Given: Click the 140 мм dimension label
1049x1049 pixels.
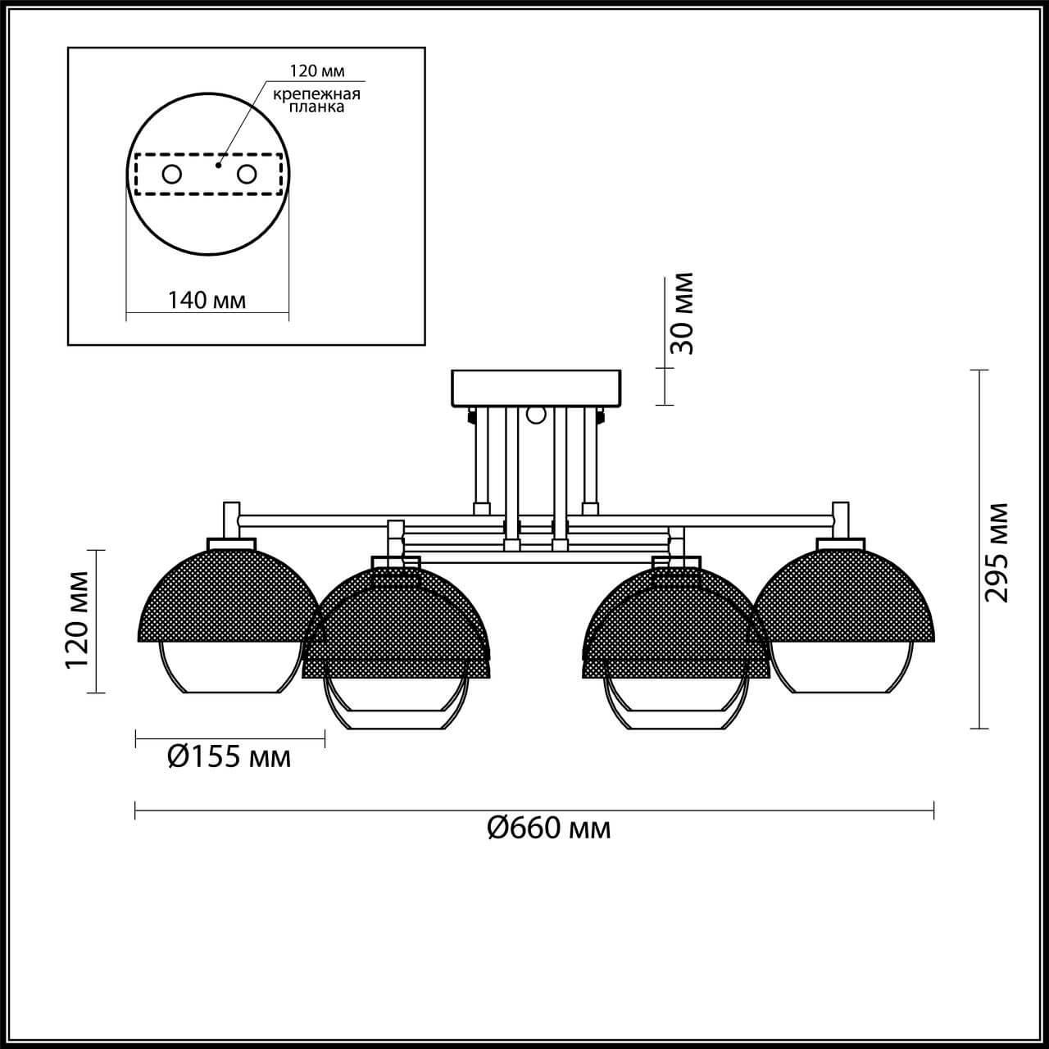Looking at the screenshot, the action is click(207, 300).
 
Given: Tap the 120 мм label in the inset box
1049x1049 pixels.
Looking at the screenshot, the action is click(317, 70).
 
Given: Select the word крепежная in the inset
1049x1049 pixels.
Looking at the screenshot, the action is click(317, 94).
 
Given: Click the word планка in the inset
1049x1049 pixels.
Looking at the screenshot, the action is click(317, 107).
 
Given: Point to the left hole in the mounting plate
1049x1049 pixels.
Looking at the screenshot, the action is click(172, 175).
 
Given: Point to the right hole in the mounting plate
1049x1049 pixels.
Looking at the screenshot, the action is click(247, 175).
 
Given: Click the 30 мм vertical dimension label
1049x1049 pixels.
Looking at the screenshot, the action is click(682, 314).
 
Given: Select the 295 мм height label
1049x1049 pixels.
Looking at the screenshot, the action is click(996, 553).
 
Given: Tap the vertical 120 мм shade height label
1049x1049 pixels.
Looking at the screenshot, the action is click(77, 620).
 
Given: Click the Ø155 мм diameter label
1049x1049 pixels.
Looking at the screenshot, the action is click(229, 756).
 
